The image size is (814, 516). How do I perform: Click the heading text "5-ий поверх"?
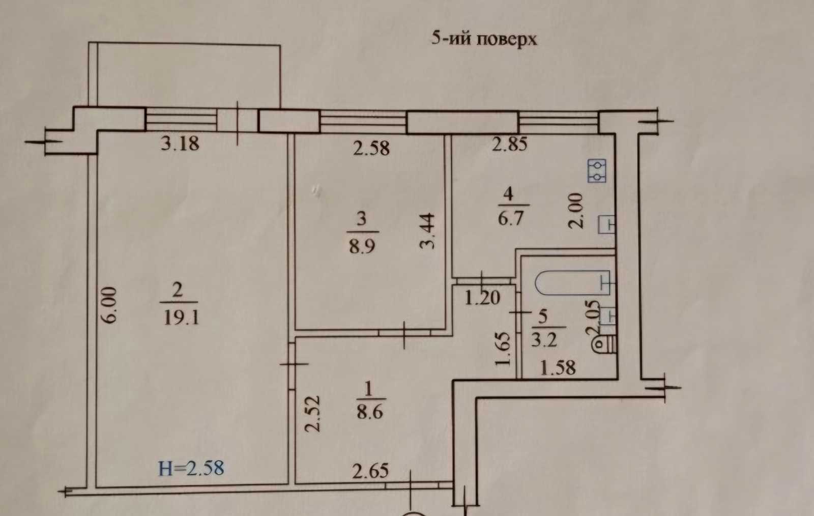[x=484, y=39]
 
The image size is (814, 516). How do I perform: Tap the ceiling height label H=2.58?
[x=191, y=468]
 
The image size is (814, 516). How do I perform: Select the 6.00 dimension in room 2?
[x=109, y=305]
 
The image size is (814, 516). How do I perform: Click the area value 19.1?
[x=181, y=319]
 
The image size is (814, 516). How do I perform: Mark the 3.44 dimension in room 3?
[x=427, y=231]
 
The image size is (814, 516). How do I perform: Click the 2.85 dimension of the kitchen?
[x=509, y=144]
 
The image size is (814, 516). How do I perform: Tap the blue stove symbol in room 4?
[x=597, y=170]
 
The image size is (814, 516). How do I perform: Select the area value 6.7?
[x=511, y=219]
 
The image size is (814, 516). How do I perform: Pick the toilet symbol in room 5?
[x=604, y=344]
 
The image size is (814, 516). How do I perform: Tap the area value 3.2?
[x=544, y=340]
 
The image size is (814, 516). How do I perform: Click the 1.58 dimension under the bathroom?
[x=558, y=367]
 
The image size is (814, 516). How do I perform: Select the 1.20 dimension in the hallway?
[x=483, y=298]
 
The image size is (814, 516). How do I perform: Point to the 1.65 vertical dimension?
[x=504, y=349]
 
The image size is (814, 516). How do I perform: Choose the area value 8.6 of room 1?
[x=370, y=412]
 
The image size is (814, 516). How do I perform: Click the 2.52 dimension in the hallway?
[x=312, y=414]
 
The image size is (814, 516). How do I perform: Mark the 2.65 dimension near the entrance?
[x=371, y=470]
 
